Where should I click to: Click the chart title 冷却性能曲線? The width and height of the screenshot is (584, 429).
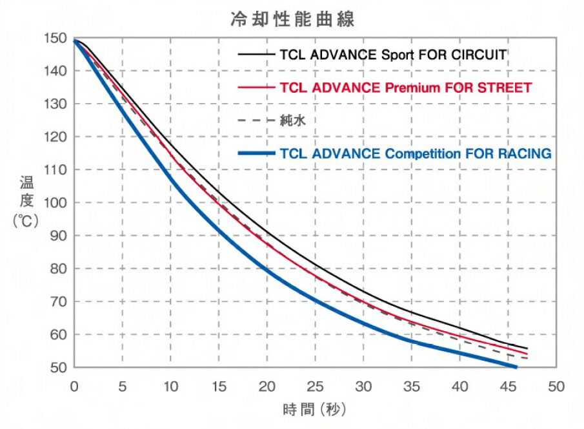coord(292,19)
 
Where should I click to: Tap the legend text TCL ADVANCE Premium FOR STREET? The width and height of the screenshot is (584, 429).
coord(407,87)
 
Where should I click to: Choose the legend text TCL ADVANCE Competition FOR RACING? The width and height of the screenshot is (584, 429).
coord(416,153)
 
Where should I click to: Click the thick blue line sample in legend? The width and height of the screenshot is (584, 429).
coord(257,153)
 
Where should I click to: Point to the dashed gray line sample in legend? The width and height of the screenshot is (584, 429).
coord(257,120)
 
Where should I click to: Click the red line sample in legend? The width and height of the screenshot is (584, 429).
coord(257,87)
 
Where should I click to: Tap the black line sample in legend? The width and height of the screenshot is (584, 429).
coord(257,54)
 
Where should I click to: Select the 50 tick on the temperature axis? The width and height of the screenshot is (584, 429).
coord(58,367)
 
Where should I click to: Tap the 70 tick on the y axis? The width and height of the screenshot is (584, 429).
coord(58,301)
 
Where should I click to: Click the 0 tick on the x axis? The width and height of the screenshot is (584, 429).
coord(74,386)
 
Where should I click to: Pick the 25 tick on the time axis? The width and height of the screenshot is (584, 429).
coord(315,386)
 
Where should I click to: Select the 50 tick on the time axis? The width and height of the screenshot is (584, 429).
coord(556,386)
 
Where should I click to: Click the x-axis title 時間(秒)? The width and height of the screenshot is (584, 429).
coord(314,410)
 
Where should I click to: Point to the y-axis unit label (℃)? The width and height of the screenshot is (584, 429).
coord(26,220)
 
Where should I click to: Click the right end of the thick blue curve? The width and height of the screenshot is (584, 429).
coord(516,367)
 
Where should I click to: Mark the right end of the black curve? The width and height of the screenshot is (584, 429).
coord(527,348)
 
